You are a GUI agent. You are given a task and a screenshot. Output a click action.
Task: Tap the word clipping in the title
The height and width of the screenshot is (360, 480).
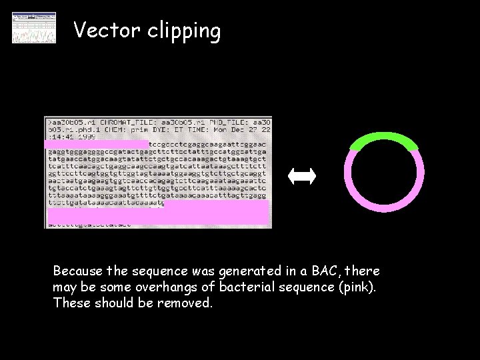tap(182, 32)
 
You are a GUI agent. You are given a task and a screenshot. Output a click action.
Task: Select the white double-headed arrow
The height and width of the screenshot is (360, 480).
tap(302, 176)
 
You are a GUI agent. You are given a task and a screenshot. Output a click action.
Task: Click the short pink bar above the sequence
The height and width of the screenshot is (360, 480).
tap(97, 144)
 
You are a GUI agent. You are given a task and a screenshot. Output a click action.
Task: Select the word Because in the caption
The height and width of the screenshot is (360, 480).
tap(78, 271)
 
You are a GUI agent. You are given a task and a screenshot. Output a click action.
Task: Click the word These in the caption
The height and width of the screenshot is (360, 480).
tap(70, 303)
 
